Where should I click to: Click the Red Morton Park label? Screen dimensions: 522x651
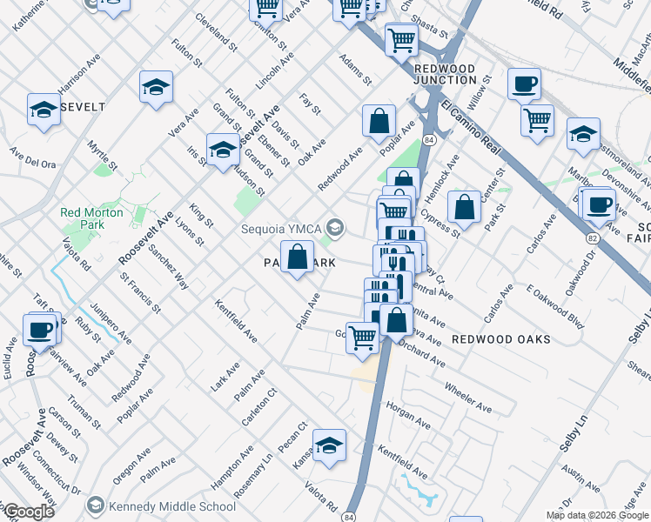pos(82,218)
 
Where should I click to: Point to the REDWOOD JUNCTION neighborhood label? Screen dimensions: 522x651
pos(445,74)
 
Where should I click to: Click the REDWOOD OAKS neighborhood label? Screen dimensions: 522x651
pos(500,339)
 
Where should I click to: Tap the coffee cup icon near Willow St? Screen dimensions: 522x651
pos(523,84)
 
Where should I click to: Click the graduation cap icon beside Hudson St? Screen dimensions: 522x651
pos(223,149)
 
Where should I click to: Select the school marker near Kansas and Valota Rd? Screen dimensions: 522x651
pos(330,445)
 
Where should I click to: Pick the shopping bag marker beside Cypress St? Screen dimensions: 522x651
pos(465,207)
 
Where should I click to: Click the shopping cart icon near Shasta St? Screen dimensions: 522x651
pos(400,38)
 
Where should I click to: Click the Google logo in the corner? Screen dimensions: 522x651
pos(29,512)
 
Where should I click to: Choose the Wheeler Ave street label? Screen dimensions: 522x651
pos(468,397)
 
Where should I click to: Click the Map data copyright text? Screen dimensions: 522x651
pos(597,515)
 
